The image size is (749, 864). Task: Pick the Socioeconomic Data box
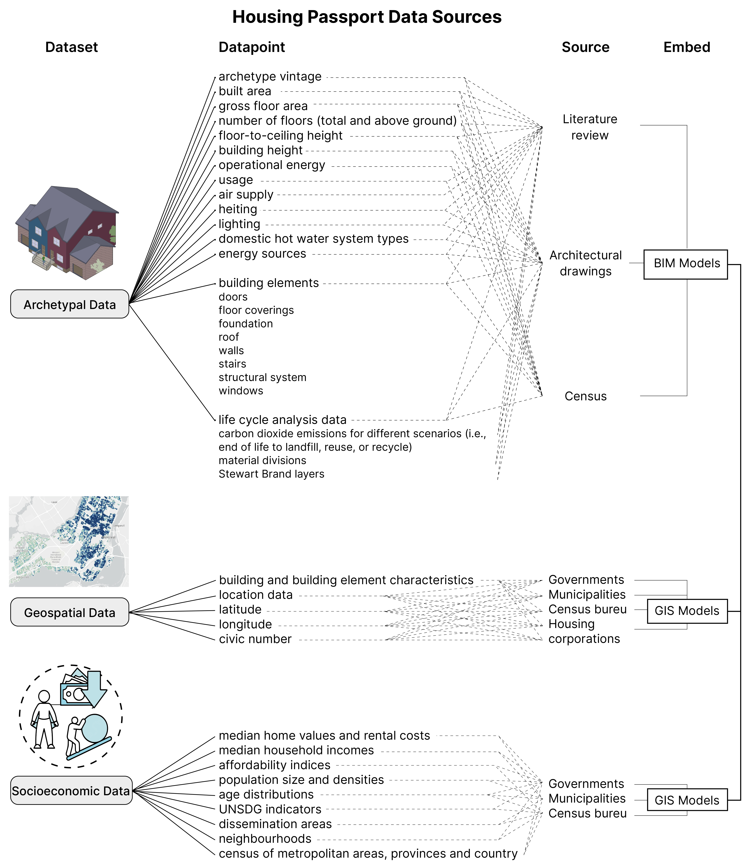[71, 790]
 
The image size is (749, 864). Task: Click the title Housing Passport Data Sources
[366, 17]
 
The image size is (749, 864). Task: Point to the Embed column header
[686, 47]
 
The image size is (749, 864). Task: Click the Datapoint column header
[252, 47]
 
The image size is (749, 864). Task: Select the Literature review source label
[589, 127]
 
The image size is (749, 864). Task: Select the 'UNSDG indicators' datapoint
[270, 809]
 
